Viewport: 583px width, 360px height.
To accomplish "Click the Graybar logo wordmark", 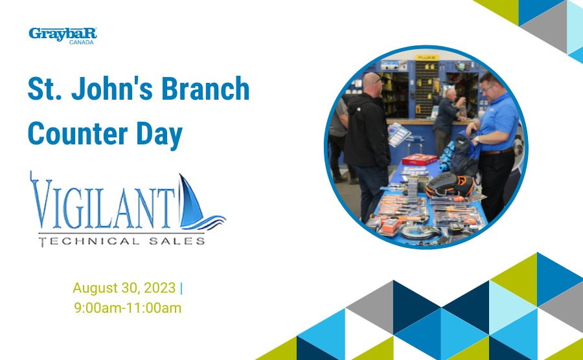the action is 63,34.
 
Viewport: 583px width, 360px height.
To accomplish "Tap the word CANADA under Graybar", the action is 82,42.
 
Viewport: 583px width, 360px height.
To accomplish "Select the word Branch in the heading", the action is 205,89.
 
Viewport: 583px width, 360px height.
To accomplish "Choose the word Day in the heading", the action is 159,135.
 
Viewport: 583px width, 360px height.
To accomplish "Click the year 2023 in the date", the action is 159,288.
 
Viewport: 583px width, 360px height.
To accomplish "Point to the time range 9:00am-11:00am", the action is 128,308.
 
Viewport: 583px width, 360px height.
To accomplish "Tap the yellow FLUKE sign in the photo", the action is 428,58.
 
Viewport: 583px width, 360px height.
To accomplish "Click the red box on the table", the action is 419,159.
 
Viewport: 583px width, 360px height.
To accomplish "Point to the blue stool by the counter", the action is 415,143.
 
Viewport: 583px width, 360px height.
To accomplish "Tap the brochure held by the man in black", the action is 398,133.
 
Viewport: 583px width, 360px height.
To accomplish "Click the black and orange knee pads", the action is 450,185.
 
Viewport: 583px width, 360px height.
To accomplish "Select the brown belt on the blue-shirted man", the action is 496,152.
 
